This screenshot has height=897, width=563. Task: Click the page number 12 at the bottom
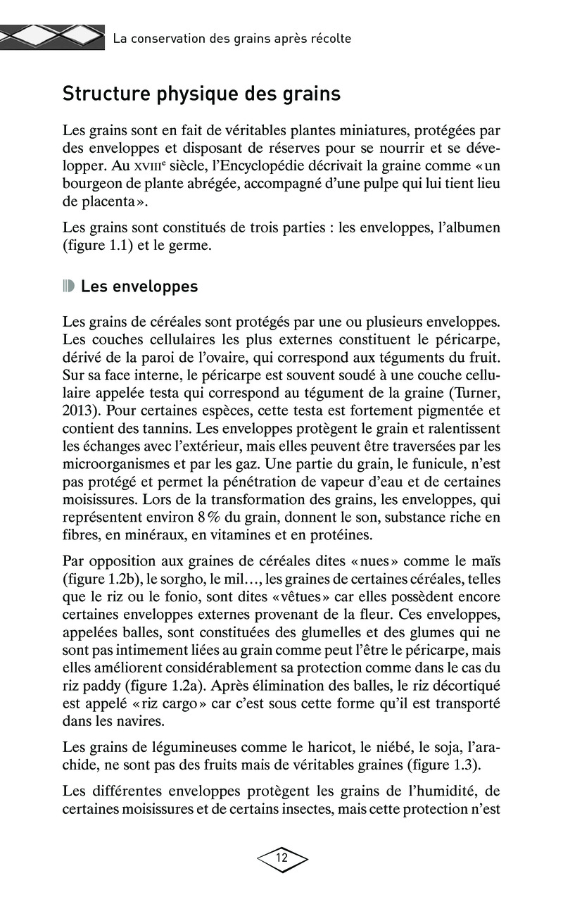[x=282, y=858]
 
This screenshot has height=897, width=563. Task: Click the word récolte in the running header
[x=329, y=39]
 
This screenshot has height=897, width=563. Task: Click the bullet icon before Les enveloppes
[x=68, y=287]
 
